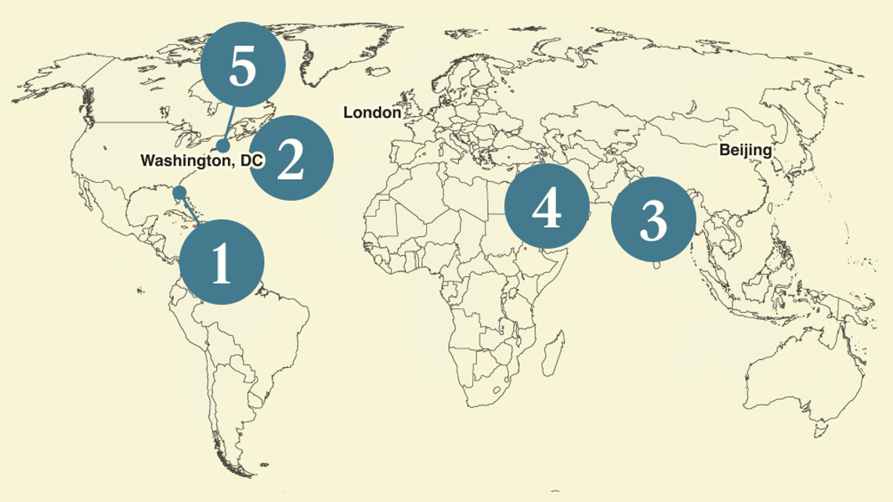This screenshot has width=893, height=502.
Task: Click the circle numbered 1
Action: tap(221, 263)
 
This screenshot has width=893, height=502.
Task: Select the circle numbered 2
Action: tap(291, 157)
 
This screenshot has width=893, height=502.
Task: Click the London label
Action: tap(372, 113)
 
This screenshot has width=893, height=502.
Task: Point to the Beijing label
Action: tap(746, 150)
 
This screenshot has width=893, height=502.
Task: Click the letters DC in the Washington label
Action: tap(251, 161)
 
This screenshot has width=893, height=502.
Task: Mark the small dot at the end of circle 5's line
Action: tap(223, 146)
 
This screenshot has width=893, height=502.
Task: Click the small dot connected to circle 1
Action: tap(179, 192)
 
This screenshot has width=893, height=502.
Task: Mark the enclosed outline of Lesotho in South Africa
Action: tap(497, 389)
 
